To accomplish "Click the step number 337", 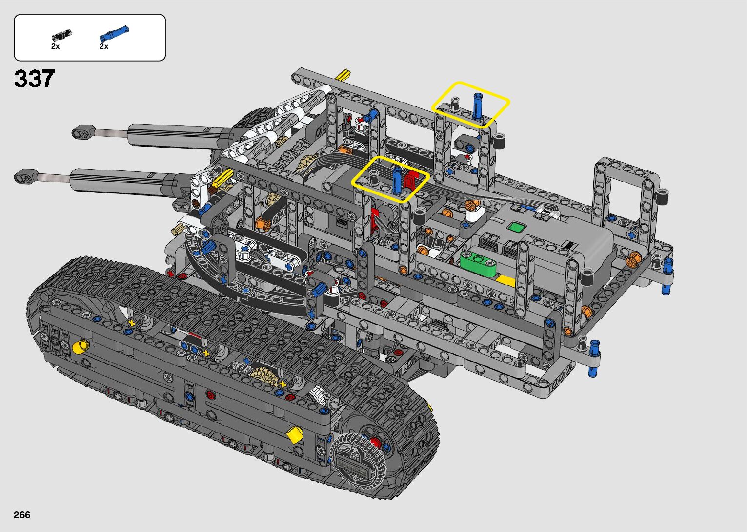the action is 34,79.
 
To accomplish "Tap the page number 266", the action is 22,515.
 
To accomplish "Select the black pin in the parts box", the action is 61,35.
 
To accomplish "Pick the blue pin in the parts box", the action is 114,33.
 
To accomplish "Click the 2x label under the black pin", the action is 55,46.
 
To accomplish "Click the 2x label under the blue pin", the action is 104,46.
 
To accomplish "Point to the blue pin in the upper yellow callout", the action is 478,106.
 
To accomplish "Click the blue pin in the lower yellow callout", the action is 397,180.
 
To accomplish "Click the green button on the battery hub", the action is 516,228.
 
